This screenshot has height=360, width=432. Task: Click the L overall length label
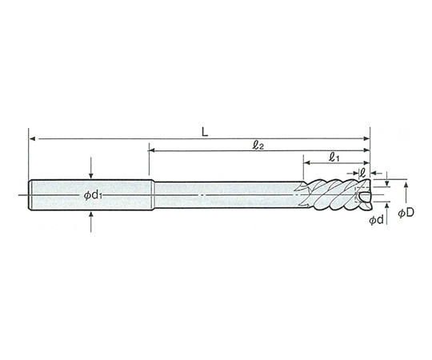coord(205,133)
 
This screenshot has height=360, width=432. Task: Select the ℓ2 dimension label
coord(258,146)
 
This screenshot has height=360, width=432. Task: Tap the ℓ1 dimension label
coord(334,158)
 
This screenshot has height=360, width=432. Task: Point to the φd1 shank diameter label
coord(93,195)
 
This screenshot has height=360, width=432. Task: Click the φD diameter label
coord(406,213)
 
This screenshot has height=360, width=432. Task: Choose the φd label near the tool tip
coord(376,220)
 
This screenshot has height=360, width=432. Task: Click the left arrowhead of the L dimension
coord(32,138)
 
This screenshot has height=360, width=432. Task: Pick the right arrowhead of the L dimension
coord(366,138)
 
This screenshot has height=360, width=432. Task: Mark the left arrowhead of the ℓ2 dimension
coord(152,150)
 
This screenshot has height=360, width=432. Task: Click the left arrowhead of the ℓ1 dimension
coord(306,162)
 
